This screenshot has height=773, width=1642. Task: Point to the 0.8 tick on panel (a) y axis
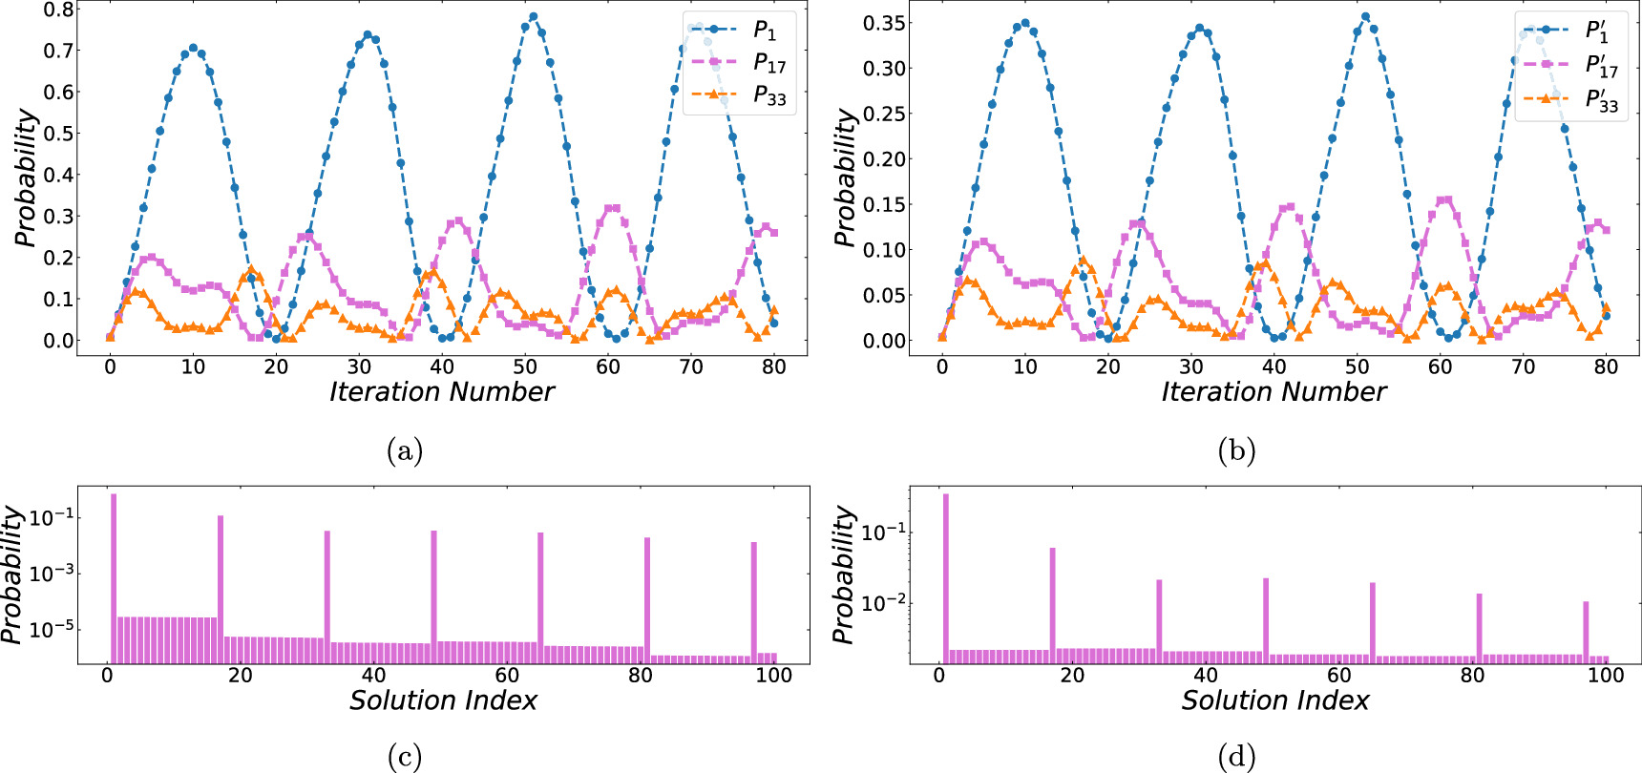[x=59, y=10]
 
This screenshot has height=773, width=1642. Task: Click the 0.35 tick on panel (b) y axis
[x=884, y=23]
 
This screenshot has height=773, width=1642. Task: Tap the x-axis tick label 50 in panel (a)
[x=524, y=367]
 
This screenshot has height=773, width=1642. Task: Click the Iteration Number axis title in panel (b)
[x=1274, y=392]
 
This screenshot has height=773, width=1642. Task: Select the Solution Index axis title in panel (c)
[x=443, y=700]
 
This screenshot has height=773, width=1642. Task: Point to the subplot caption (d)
[x=1236, y=758]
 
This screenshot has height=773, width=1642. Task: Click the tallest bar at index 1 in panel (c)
[x=114, y=577]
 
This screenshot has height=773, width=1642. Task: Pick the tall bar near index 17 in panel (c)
[x=221, y=589]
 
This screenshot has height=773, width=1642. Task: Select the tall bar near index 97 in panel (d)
[x=1586, y=631]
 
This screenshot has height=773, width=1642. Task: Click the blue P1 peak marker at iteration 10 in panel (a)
[x=193, y=48]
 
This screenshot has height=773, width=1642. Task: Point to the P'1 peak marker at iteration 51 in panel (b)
[x=1365, y=17]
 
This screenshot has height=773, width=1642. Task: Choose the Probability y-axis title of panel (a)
[x=27, y=178]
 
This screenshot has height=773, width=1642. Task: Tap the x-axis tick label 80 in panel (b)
[x=1606, y=367]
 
